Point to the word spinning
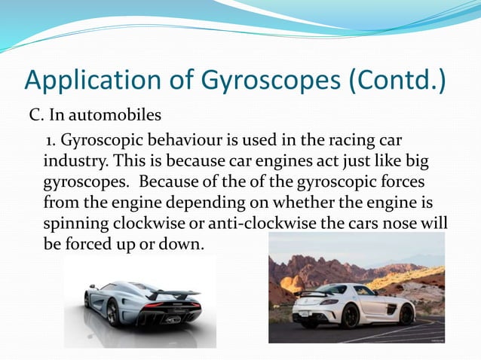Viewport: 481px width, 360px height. point(76,224)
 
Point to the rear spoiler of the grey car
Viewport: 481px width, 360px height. point(182,293)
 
